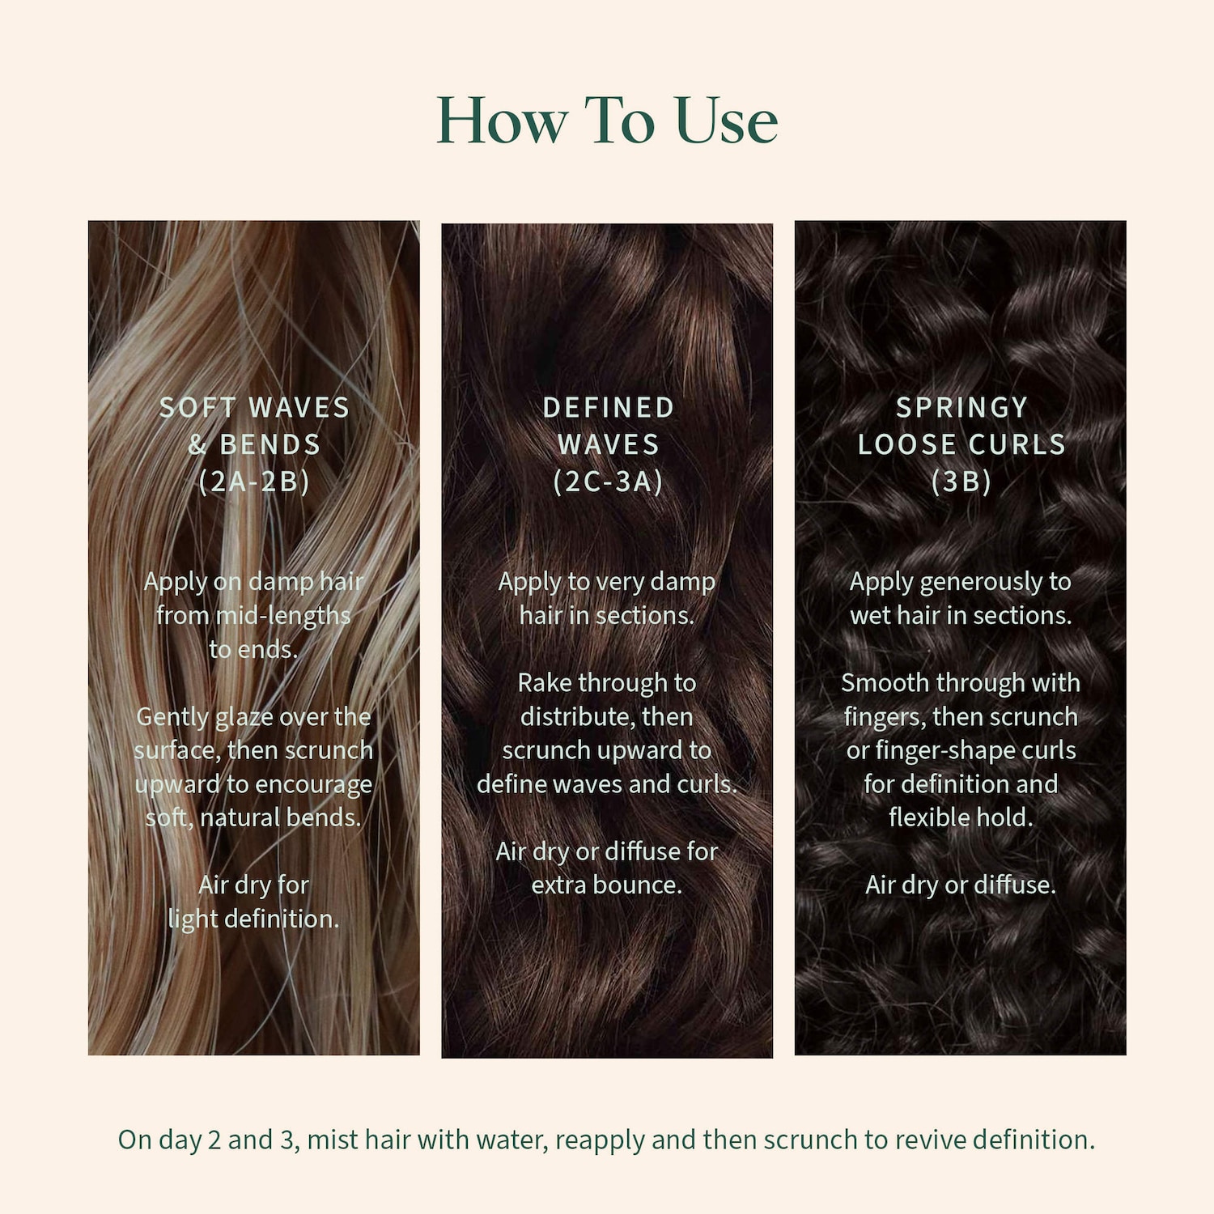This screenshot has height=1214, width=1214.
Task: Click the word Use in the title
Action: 726,121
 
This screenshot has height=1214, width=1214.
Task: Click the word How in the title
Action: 502,121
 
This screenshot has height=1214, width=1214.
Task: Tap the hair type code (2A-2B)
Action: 254,482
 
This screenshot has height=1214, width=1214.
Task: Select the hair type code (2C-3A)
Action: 608,482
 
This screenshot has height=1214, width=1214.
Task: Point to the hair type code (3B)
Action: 961,482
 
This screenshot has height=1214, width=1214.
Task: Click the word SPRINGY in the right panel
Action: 961,407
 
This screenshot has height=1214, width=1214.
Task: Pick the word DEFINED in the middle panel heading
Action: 608,407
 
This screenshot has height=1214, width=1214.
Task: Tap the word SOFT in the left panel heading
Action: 197,407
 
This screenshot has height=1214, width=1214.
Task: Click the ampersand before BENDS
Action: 197,444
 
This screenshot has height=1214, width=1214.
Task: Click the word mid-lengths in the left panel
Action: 283,617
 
